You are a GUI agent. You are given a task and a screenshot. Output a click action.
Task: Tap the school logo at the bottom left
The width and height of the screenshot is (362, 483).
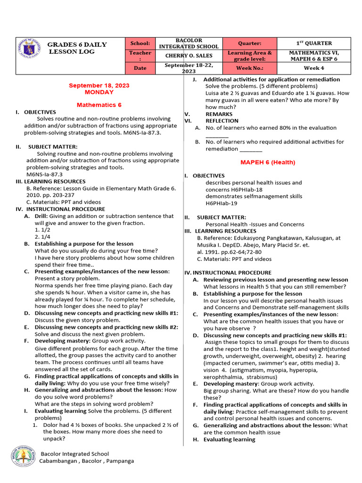click(23, 457)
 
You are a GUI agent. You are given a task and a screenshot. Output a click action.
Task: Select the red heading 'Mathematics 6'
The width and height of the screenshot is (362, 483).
click(99, 104)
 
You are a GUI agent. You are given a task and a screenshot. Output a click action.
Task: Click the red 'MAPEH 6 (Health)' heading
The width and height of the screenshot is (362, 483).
click(268, 162)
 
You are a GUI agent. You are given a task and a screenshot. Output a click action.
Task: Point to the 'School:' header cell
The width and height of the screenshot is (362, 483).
click(140, 43)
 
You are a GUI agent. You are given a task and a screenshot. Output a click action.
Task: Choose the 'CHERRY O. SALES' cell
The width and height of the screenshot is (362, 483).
click(188, 56)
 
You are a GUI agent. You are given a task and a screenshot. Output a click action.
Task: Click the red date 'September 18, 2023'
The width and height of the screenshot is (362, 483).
click(99, 85)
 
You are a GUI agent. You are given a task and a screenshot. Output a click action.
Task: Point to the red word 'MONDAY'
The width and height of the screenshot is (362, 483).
click(99, 92)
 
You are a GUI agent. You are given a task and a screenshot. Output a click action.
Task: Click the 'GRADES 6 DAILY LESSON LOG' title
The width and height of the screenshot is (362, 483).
click(77, 48)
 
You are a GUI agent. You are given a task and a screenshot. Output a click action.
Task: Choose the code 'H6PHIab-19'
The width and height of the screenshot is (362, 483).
click(221, 203)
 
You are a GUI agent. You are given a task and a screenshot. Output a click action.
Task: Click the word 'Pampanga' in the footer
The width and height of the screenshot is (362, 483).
click(118, 461)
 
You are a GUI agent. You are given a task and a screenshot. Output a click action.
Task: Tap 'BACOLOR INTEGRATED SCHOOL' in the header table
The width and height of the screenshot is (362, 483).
click(188, 43)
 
